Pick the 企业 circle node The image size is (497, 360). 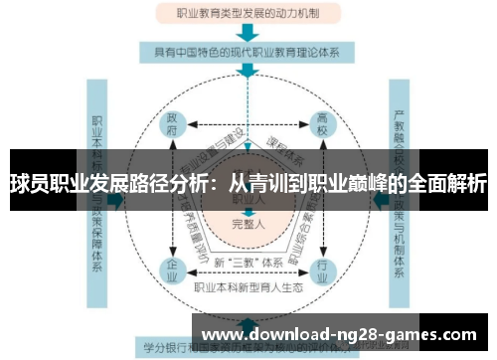pyautogui.click(x=172, y=268)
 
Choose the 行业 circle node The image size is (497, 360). pyautogui.click(x=323, y=268)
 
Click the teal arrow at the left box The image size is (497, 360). pyautogui.click(x=115, y=199)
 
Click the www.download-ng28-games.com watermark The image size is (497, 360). pyautogui.click(x=339, y=334)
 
